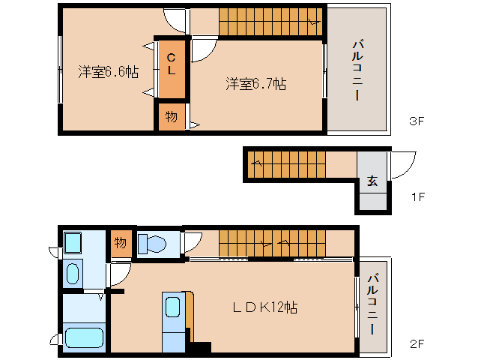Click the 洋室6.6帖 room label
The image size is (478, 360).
point(108,72)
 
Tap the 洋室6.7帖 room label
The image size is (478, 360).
point(255,84)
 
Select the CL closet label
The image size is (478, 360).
point(172,64)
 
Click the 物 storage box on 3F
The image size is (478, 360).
point(171,117)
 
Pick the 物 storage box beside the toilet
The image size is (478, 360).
point(120,243)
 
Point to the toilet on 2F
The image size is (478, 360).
point(152,244)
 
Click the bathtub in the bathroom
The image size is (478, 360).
point(83,337)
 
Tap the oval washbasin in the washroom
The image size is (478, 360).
point(73,273)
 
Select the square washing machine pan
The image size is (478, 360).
point(73,243)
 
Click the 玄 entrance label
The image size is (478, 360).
point(372,181)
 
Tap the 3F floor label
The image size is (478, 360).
point(417,121)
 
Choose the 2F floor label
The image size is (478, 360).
point(417,344)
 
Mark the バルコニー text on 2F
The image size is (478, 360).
point(372,306)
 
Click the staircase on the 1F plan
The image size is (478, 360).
point(288,163)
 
